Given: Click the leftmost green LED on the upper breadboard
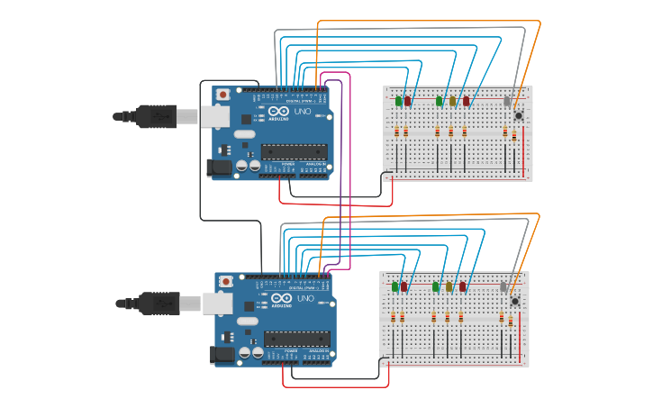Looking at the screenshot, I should coord(399,101).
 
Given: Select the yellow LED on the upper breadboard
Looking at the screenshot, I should coord(453,101).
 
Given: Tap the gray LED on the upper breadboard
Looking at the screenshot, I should coord(507,102).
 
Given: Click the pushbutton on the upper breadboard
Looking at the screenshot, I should coord(519,115).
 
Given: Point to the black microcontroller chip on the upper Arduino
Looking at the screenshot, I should coord(294,152).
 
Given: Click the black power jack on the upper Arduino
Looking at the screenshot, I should coord(219,168).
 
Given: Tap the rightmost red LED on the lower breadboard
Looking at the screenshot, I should coord(463,286).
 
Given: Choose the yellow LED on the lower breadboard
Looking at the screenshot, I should coord(449,286).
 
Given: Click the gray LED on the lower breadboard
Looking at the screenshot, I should coord(503,287).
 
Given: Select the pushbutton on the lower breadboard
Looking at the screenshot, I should coord(515,301).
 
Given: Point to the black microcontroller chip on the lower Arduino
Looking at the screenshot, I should coord(296,339).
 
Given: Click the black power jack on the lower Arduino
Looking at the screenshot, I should coord(222,354).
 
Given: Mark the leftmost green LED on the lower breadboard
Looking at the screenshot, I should coord(395,286).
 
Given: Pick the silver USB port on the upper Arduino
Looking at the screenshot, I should coord(215,115).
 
